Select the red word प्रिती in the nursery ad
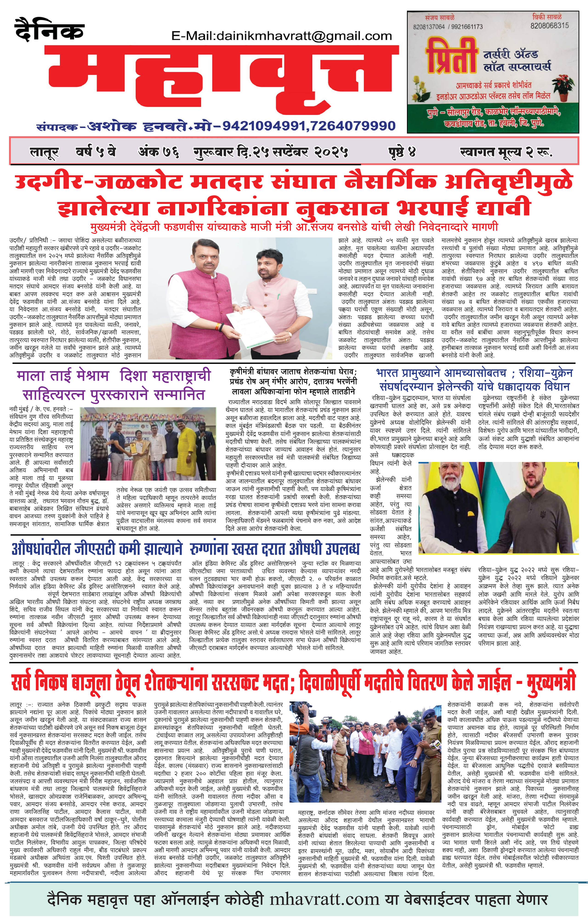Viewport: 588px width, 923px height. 452,58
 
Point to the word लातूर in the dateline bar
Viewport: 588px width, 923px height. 44,153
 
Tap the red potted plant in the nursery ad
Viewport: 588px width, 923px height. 563,86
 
